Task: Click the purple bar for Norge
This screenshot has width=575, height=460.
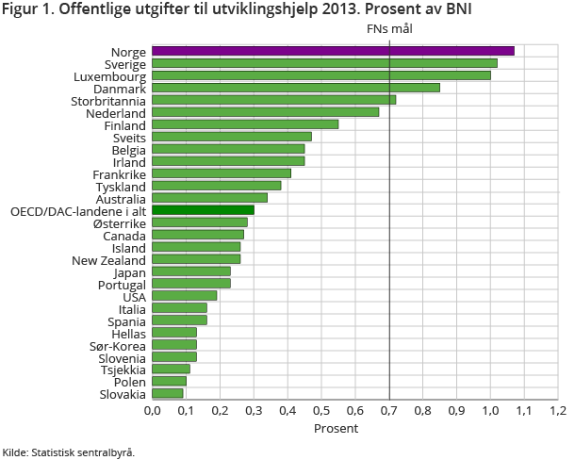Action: coord(333,51)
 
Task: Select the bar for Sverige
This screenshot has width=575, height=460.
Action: coord(324,63)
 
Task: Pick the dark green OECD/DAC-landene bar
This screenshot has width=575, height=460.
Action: coord(203,210)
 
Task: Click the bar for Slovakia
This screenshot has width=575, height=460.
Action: coord(168,393)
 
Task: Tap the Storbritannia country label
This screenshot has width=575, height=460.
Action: coord(108,100)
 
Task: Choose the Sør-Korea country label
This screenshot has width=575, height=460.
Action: coord(118,345)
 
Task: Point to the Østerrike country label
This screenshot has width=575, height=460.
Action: coord(119,222)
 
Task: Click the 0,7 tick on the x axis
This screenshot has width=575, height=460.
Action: coord(389,410)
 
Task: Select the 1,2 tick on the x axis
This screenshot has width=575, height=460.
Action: coord(558,410)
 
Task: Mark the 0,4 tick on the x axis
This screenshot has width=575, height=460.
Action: coord(287,410)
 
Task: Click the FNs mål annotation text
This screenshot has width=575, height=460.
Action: coord(389,29)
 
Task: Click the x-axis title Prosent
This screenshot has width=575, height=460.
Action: coord(336,429)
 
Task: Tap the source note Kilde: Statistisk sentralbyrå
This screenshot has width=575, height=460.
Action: coord(69,452)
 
